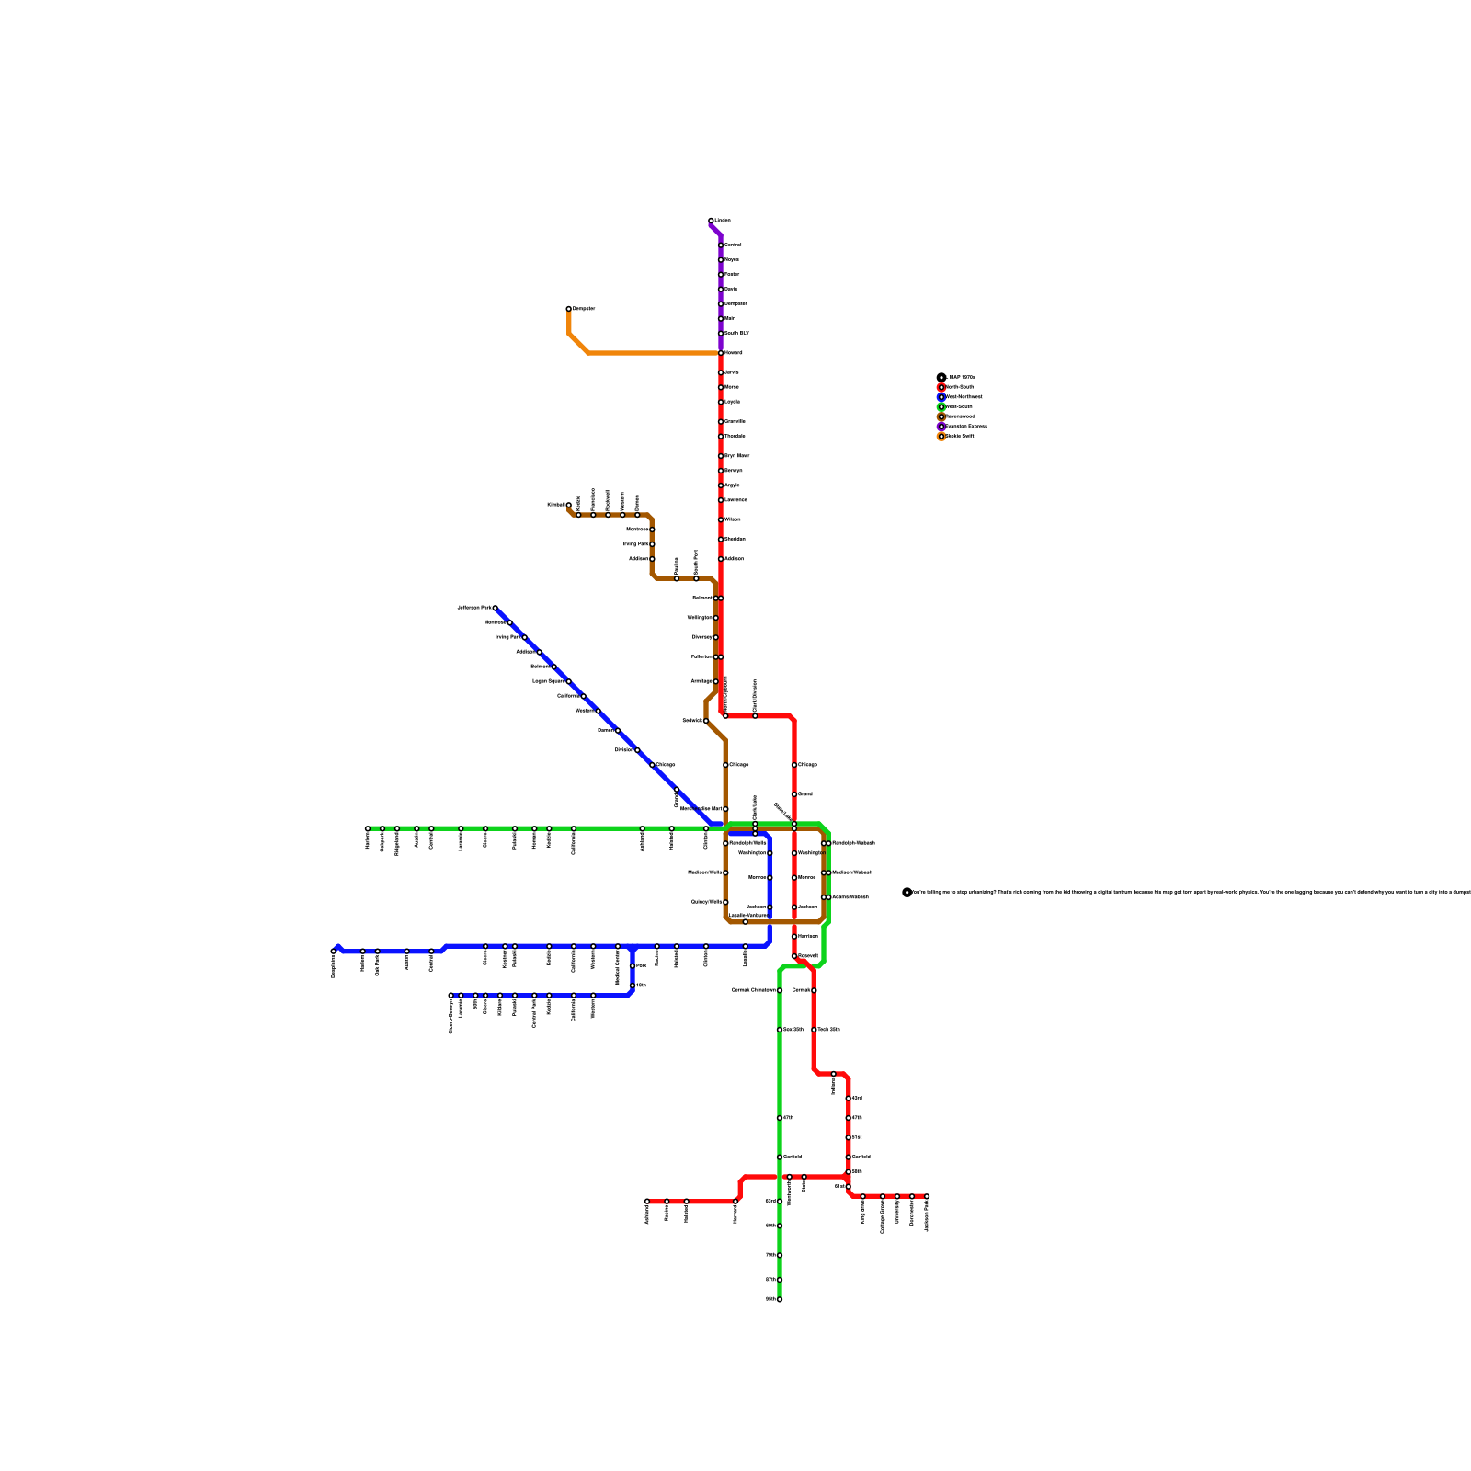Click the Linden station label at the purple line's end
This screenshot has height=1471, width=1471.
tap(723, 221)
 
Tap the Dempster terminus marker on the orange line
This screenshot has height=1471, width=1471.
tap(569, 309)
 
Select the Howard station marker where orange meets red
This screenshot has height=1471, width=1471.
tap(720, 353)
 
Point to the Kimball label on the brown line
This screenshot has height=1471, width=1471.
tap(557, 505)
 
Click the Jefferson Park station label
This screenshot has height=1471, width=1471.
tap(474, 608)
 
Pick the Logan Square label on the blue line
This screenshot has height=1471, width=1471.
tap(549, 681)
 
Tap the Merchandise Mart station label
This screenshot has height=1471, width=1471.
tap(701, 809)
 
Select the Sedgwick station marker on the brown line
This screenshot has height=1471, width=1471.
tap(706, 721)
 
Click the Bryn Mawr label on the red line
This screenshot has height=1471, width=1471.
tap(736, 456)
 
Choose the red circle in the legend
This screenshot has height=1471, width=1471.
tap(941, 387)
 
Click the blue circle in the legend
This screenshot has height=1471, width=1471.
tap(941, 397)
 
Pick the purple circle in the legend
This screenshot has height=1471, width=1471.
tap(941, 427)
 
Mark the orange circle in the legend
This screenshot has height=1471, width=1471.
tap(941, 437)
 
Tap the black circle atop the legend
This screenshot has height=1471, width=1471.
tap(941, 377)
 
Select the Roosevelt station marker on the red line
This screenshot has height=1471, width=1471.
tap(794, 956)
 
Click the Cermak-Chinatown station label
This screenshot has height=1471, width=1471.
tap(754, 990)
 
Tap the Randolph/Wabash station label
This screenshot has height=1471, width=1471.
tap(853, 843)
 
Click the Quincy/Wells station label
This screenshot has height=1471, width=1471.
tap(707, 902)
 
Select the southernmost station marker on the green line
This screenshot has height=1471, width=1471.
tap(780, 1299)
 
